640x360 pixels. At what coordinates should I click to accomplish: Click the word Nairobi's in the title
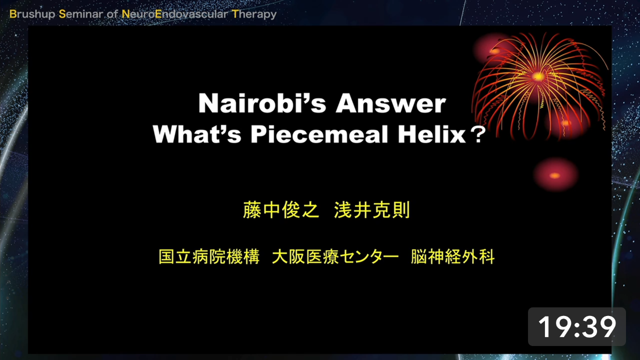point(262,103)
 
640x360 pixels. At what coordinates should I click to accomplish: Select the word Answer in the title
point(391,103)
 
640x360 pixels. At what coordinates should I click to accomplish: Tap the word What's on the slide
point(197,134)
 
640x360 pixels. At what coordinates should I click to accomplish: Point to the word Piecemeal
point(319,134)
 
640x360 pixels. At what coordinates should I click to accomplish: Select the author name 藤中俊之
point(280,210)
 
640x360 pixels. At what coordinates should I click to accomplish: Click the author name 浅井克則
point(372,210)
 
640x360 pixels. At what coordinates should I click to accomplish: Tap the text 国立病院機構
point(209,256)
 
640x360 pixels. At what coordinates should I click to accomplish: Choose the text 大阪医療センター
point(335,256)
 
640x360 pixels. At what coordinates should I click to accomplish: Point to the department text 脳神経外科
point(452,256)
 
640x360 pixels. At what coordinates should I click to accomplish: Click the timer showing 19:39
point(577,326)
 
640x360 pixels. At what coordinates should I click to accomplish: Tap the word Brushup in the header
point(32,14)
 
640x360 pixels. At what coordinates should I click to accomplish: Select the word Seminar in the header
point(81,14)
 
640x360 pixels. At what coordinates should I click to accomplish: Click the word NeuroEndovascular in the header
point(175,14)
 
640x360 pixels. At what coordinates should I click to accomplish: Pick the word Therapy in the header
point(254,14)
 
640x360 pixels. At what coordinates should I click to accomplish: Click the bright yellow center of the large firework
point(539,76)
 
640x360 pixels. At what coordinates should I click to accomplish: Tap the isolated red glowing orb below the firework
point(555,175)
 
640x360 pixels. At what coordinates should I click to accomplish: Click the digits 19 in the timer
point(554,327)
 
